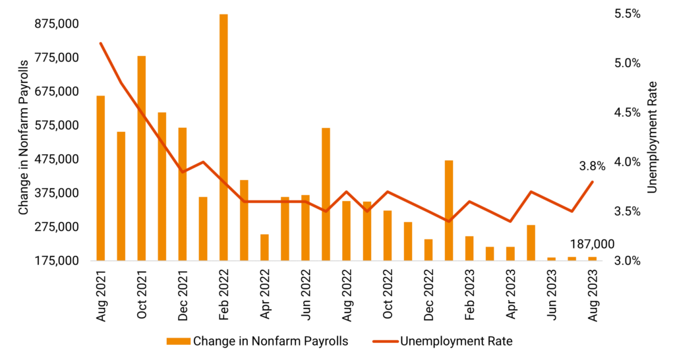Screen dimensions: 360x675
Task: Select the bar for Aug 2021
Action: (101, 178)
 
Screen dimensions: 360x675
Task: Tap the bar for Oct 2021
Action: (142, 158)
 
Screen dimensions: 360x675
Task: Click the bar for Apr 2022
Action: (264, 247)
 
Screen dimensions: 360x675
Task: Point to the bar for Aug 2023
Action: (592, 258)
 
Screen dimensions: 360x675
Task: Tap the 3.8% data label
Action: (593, 167)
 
